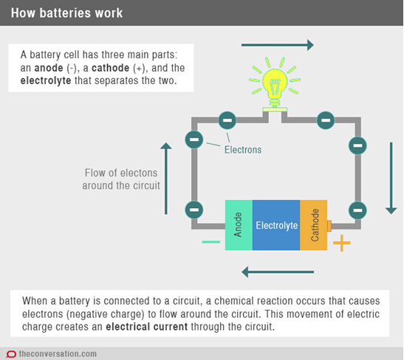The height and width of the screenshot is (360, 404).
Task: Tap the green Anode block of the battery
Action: coord(239,225)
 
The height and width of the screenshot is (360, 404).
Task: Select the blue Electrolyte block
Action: coord(276,225)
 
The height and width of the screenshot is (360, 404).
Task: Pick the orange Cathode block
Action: coord(314,225)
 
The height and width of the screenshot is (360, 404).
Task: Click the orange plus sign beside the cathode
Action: coord(342,243)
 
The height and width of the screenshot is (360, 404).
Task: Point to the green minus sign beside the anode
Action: coord(211,242)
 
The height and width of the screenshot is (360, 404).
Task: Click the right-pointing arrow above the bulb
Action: coord(278,45)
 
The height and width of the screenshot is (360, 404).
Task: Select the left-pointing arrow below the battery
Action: coord(278,272)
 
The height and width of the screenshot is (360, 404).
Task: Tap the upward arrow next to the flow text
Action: coord(166,179)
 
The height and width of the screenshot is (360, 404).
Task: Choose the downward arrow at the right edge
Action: coord(391,178)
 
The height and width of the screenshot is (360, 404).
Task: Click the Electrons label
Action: coord(243,150)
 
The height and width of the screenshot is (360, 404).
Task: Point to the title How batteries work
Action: coord(66,13)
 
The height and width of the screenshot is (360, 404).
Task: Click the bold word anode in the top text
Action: coord(49,68)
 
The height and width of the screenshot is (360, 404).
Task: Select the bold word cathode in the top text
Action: coord(111,68)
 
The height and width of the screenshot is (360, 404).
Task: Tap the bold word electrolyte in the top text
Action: coord(46,80)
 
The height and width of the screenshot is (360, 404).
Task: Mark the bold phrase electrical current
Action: coord(146,327)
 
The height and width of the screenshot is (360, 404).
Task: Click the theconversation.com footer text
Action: coord(58,354)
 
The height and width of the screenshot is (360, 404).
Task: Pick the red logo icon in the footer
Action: coord(11,354)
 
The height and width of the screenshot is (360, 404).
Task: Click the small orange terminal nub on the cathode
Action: coord(329,226)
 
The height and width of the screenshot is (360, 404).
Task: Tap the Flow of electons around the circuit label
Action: coord(121,179)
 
